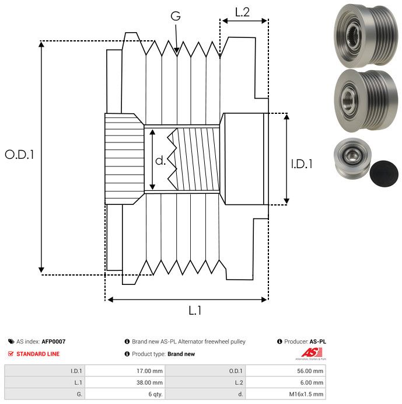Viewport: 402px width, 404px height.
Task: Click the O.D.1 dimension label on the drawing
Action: [x=20, y=155]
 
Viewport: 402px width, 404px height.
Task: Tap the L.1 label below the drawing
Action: [x=195, y=311]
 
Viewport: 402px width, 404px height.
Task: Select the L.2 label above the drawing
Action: [x=243, y=11]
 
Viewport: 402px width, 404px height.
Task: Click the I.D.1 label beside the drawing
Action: [x=302, y=164]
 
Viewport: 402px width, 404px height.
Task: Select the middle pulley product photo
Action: [x=363, y=97]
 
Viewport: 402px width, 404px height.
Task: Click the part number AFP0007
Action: [x=54, y=342]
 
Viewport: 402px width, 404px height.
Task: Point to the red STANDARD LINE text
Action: [x=38, y=354]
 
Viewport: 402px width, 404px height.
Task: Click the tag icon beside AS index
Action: [x=11, y=342]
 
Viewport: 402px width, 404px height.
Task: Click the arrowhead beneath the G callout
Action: [x=176, y=51]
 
